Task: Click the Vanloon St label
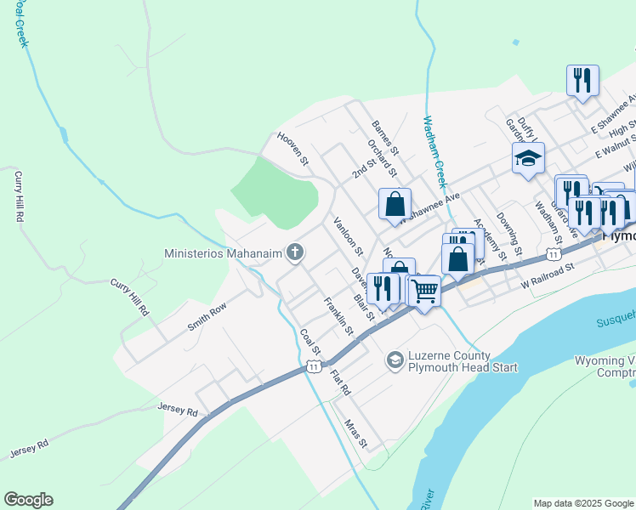(x=348, y=236)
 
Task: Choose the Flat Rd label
(x=340, y=382)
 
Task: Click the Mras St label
(x=355, y=433)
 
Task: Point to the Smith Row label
(x=207, y=315)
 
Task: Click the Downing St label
(x=508, y=234)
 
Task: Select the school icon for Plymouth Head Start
(x=395, y=360)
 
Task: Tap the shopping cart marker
(x=424, y=291)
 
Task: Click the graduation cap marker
(x=528, y=157)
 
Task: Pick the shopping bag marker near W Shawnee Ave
(x=395, y=204)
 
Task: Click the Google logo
(x=28, y=500)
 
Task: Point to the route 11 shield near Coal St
(x=314, y=365)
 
